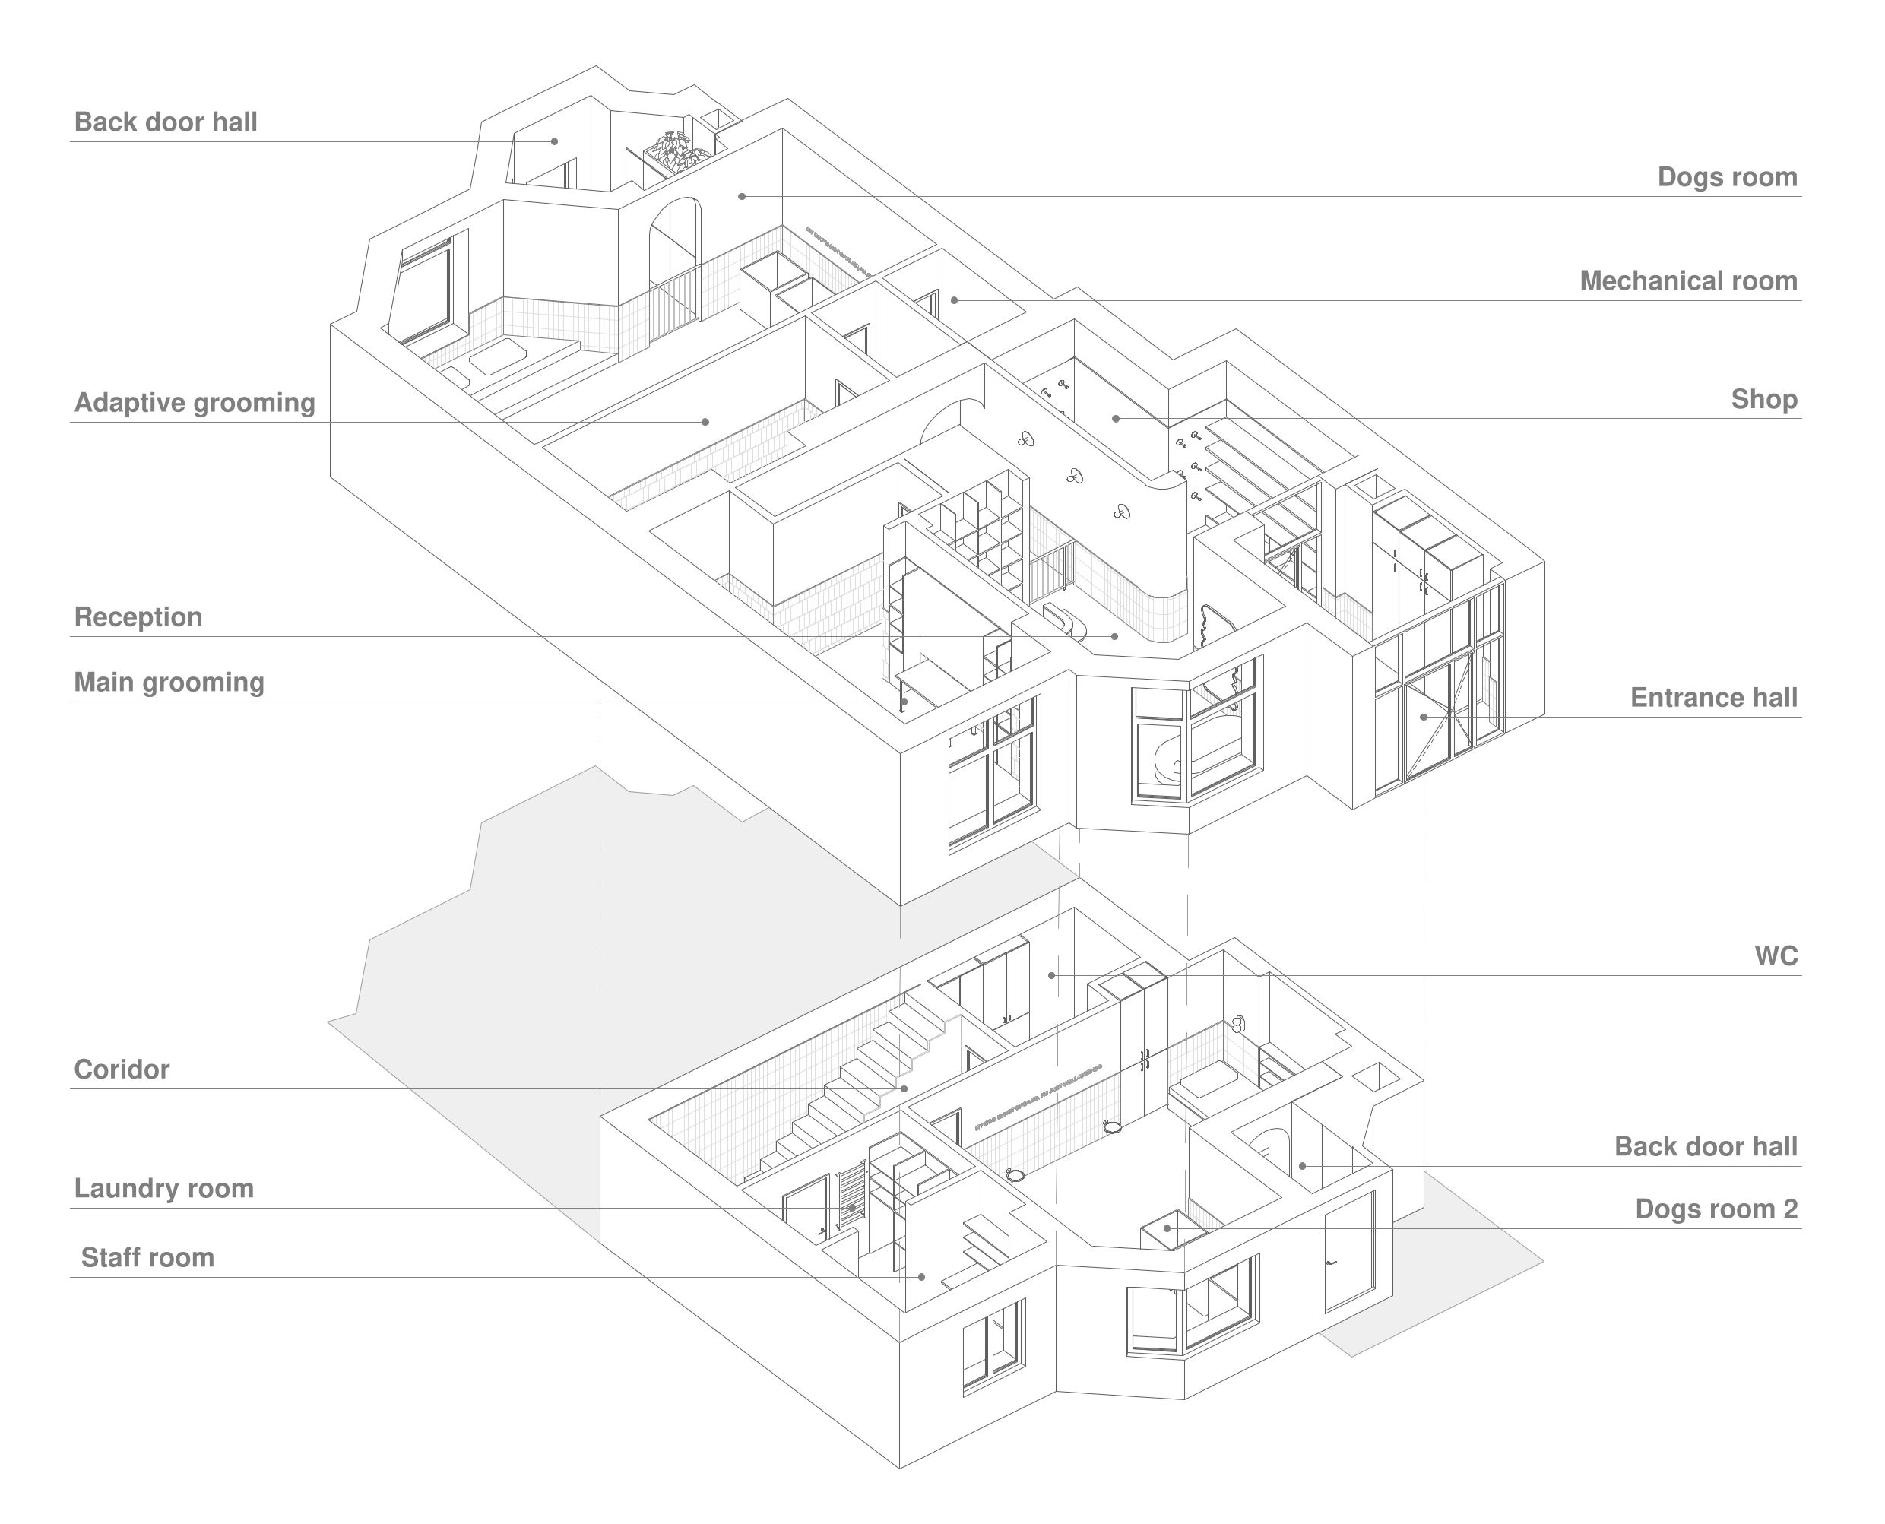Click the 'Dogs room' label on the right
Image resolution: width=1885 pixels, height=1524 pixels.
pyautogui.click(x=1726, y=177)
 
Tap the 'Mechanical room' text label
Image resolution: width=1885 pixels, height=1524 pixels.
pyautogui.click(x=1687, y=281)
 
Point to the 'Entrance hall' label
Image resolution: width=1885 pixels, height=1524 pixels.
pyautogui.click(x=1713, y=698)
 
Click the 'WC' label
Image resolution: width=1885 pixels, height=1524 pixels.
pyautogui.click(x=1776, y=956)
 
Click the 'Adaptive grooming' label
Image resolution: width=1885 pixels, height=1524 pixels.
pyautogui.click(x=194, y=403)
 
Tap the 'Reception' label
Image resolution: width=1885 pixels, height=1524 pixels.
pyautogui.click(x=138, y=617)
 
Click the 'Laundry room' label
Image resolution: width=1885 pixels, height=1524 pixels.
pyautogui.click(x=163, y=1189)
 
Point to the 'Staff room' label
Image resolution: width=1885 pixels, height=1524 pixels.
pyautogui.click(x=147, y=1258)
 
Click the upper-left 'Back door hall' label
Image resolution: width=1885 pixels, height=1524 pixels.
pyautogui.click(x=165, y=122)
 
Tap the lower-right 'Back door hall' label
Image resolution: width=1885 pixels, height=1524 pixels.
pyautogui.click(x=1705, y=1146)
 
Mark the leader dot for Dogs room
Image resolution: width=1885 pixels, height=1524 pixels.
pyautogui.click(x=742, y=197)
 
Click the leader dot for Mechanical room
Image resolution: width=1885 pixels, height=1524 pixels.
pyautogui.click(x=955, y=300)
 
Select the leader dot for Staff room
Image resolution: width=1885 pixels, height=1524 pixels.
pyautogui.click(x=922, y=1277)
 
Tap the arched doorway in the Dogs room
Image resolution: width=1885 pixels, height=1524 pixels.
pyautogui.click(x=675, y=255)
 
